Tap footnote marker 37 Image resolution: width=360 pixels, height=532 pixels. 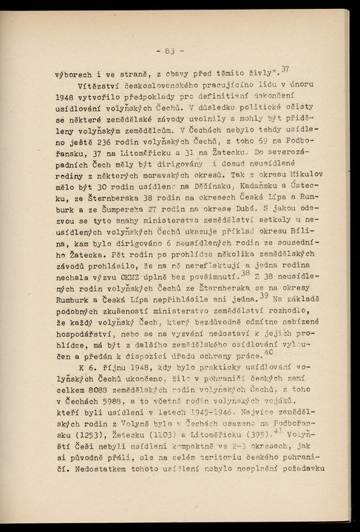point(285,69)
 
